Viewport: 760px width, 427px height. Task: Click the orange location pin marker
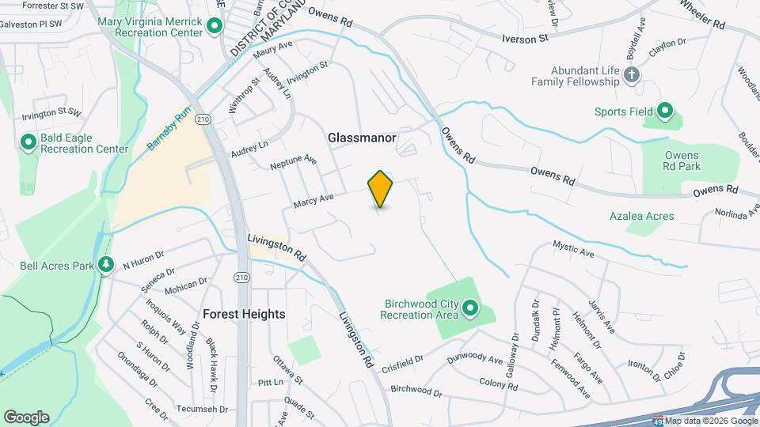(x=380, y=188)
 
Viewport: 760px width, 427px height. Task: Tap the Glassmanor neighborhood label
(x=362, y=138)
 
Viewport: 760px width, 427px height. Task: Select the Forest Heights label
(x=244, y=314)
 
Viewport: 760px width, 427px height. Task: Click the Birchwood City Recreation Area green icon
(x=471, y=308)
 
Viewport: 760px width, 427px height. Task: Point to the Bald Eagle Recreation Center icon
(x=28, y=143)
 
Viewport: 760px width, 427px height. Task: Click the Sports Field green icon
(x=665, y=111)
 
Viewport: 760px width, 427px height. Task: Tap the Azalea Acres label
(x=641, y=216)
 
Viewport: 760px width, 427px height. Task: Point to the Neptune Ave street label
(x=293, y=163)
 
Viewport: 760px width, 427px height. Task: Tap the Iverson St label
(x=526, y=38)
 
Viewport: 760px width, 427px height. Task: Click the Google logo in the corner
(x=26, y=417)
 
